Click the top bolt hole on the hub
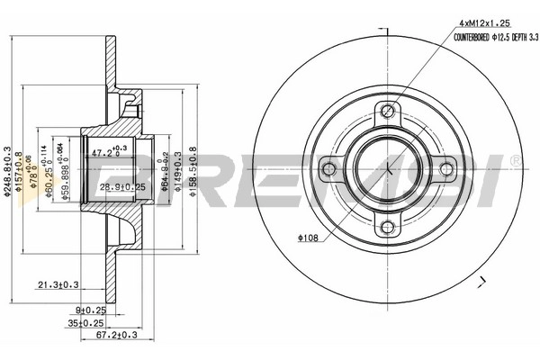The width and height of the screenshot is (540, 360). pos(388,112)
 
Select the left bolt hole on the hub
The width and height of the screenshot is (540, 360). pos(330,168)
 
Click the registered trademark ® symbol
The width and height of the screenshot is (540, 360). pos(515,160)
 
